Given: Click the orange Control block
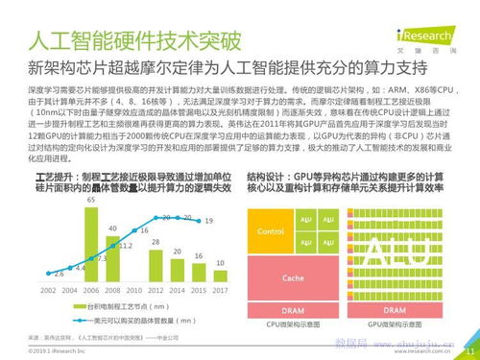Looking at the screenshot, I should [272, 231].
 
